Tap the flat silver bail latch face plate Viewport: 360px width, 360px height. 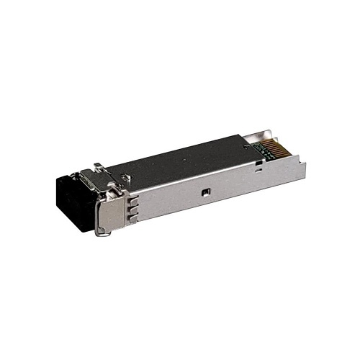(x=109, y=216)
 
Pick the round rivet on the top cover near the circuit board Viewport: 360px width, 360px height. (x=247, y=146)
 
